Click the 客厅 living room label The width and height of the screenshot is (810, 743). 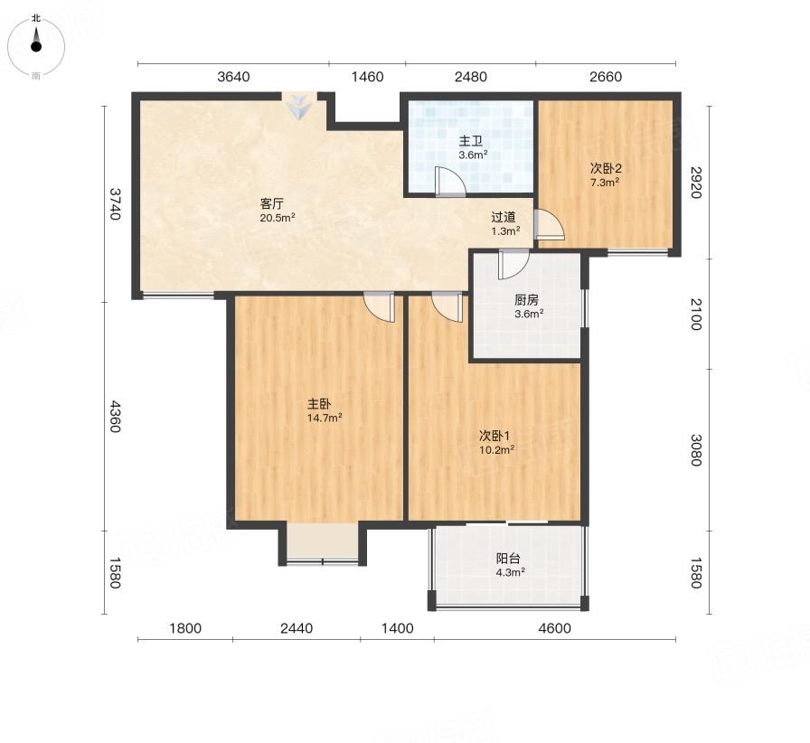(x=272, y=203)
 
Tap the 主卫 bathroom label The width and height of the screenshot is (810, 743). (x=471, y=141)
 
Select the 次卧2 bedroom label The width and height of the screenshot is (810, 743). (x=606, y=168)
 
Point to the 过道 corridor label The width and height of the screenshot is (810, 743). (x=504, y=218)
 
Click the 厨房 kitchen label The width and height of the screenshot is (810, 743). (x=526, y=300)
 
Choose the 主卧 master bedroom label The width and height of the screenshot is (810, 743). (x=319, y=404)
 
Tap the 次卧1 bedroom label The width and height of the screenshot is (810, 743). (x=494, y=436)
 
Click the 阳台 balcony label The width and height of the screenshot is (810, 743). (x=508, y=559)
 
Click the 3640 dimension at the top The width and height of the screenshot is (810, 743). (x=233, y=77)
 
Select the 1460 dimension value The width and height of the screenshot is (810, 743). (x=367, y=77)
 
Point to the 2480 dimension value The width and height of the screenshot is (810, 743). (x=471, y=77)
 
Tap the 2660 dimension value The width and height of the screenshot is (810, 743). (x=606, y=77)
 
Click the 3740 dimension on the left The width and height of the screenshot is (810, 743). (x=115, y=203)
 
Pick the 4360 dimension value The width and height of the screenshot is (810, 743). (x=115, y=417)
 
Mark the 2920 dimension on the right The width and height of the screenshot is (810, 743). (x=696, y=183)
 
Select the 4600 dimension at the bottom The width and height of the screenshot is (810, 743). (x=554, y=628)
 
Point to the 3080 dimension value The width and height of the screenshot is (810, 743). (x=696, y=450)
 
